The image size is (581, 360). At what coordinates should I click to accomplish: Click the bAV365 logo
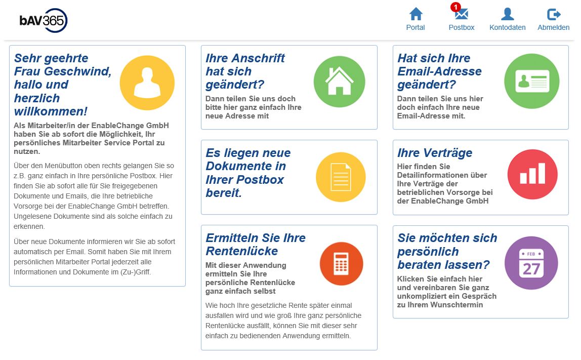(44, 20)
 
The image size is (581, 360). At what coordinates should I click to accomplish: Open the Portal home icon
(416, 14)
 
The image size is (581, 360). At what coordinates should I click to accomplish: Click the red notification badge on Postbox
(455, 7)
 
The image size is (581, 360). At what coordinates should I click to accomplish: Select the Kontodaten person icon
(507, 14)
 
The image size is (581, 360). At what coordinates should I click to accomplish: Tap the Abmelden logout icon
(554, 14)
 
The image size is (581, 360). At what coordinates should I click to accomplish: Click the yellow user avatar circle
(147, 83)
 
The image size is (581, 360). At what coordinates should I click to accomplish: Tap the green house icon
(339, 82)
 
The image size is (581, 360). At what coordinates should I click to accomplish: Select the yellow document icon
(341, 177)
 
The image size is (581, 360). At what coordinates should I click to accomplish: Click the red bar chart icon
(532, 174)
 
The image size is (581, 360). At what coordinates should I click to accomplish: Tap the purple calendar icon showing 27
(531, 263)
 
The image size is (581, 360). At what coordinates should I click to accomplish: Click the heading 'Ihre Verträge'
(434, 153)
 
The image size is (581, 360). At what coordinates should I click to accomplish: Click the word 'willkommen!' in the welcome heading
(51, 111)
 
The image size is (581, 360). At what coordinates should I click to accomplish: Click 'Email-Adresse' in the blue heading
(439, 71)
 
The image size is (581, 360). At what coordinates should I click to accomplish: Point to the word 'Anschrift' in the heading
(259, 58)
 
